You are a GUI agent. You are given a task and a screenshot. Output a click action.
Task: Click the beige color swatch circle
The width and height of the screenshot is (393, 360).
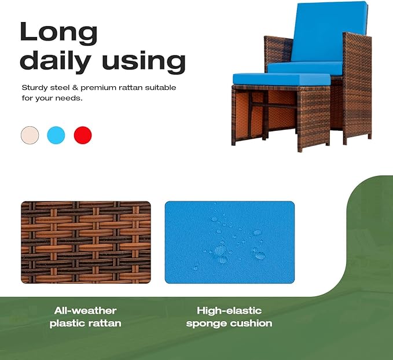(x=30, y=135)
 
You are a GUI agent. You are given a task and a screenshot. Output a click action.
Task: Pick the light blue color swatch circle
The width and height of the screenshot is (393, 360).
(x=56, y=135)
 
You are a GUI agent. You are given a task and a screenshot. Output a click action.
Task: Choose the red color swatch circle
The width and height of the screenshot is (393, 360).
(x=83, y=135)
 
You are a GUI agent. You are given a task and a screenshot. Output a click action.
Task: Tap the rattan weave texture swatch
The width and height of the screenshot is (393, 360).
(x=86, y=242)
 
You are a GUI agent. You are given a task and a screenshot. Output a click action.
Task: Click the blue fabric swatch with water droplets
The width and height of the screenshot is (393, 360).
(x=229, y=242)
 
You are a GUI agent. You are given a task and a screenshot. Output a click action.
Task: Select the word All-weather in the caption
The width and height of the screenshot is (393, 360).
(x=86, y=311)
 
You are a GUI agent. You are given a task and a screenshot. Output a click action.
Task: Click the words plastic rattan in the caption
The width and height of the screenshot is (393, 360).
(x=86, y=324)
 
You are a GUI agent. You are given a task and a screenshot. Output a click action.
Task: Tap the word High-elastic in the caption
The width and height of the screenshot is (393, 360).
(x=229, y=311)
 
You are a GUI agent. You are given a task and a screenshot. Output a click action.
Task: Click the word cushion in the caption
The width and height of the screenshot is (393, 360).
(x=252, y=324)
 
